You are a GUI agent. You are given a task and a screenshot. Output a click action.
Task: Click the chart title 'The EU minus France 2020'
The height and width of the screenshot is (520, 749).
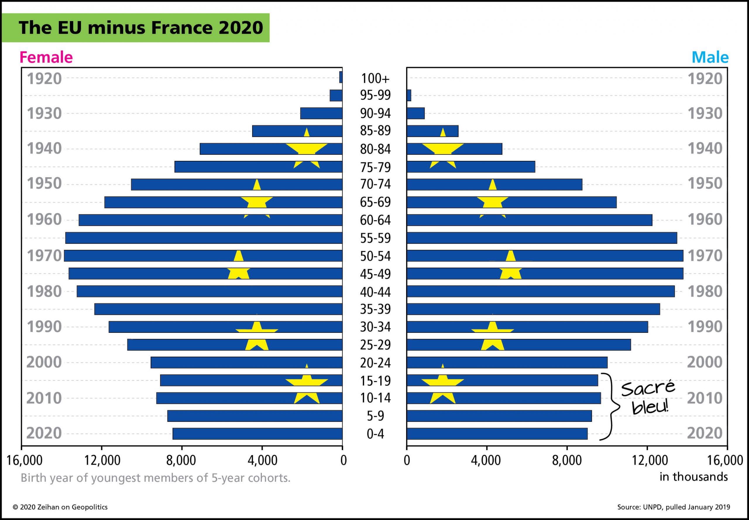[140, 27]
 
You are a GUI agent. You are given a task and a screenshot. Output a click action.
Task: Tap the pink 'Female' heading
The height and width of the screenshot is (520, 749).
[46, 57]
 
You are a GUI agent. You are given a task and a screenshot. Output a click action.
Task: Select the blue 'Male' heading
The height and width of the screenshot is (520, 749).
[710, 57]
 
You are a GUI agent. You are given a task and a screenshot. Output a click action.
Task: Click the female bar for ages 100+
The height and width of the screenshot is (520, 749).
[341, 77]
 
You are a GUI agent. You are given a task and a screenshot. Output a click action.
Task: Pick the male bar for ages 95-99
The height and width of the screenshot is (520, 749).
[409, 95]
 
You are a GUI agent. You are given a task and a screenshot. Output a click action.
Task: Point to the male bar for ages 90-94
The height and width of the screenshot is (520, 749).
[415, 113]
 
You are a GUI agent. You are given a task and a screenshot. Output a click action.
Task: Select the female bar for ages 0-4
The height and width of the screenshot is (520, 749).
[257, 434]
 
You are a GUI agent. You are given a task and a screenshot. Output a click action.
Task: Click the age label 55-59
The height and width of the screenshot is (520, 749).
[375, 238]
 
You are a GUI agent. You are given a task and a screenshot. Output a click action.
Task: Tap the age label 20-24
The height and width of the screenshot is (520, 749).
[375, 363]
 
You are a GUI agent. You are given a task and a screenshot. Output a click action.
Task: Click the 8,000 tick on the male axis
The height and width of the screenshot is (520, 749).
[567, 460]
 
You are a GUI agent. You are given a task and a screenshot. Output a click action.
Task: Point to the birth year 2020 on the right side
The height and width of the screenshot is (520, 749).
[705, 433]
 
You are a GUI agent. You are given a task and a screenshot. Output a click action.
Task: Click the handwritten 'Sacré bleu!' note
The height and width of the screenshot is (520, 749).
[648, 397]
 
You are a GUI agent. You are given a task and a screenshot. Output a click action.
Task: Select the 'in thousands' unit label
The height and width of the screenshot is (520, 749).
[694, 477]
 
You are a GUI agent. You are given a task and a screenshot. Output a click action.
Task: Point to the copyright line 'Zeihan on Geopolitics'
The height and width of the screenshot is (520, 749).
[60, 507]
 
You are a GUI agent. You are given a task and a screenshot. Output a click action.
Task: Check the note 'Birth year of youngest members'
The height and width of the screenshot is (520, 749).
[155, 478]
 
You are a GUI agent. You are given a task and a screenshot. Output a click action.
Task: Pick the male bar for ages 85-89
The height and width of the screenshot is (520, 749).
[432, 131]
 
